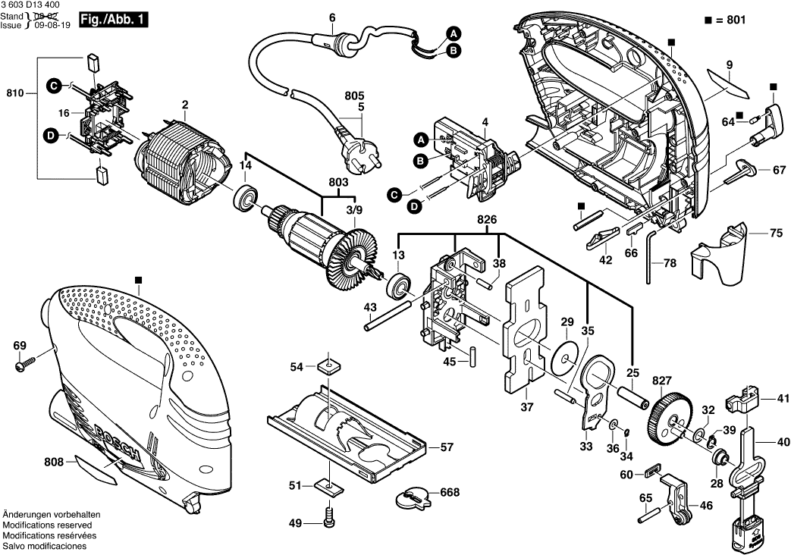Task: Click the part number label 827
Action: point(642,379)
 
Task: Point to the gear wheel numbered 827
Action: point(667,416)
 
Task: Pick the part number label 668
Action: point(450,493)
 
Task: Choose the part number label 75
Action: point(776,234)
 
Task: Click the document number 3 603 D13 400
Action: point(31,5)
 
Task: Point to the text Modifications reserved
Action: point(47,525)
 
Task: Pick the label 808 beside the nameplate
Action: point(54,459)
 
